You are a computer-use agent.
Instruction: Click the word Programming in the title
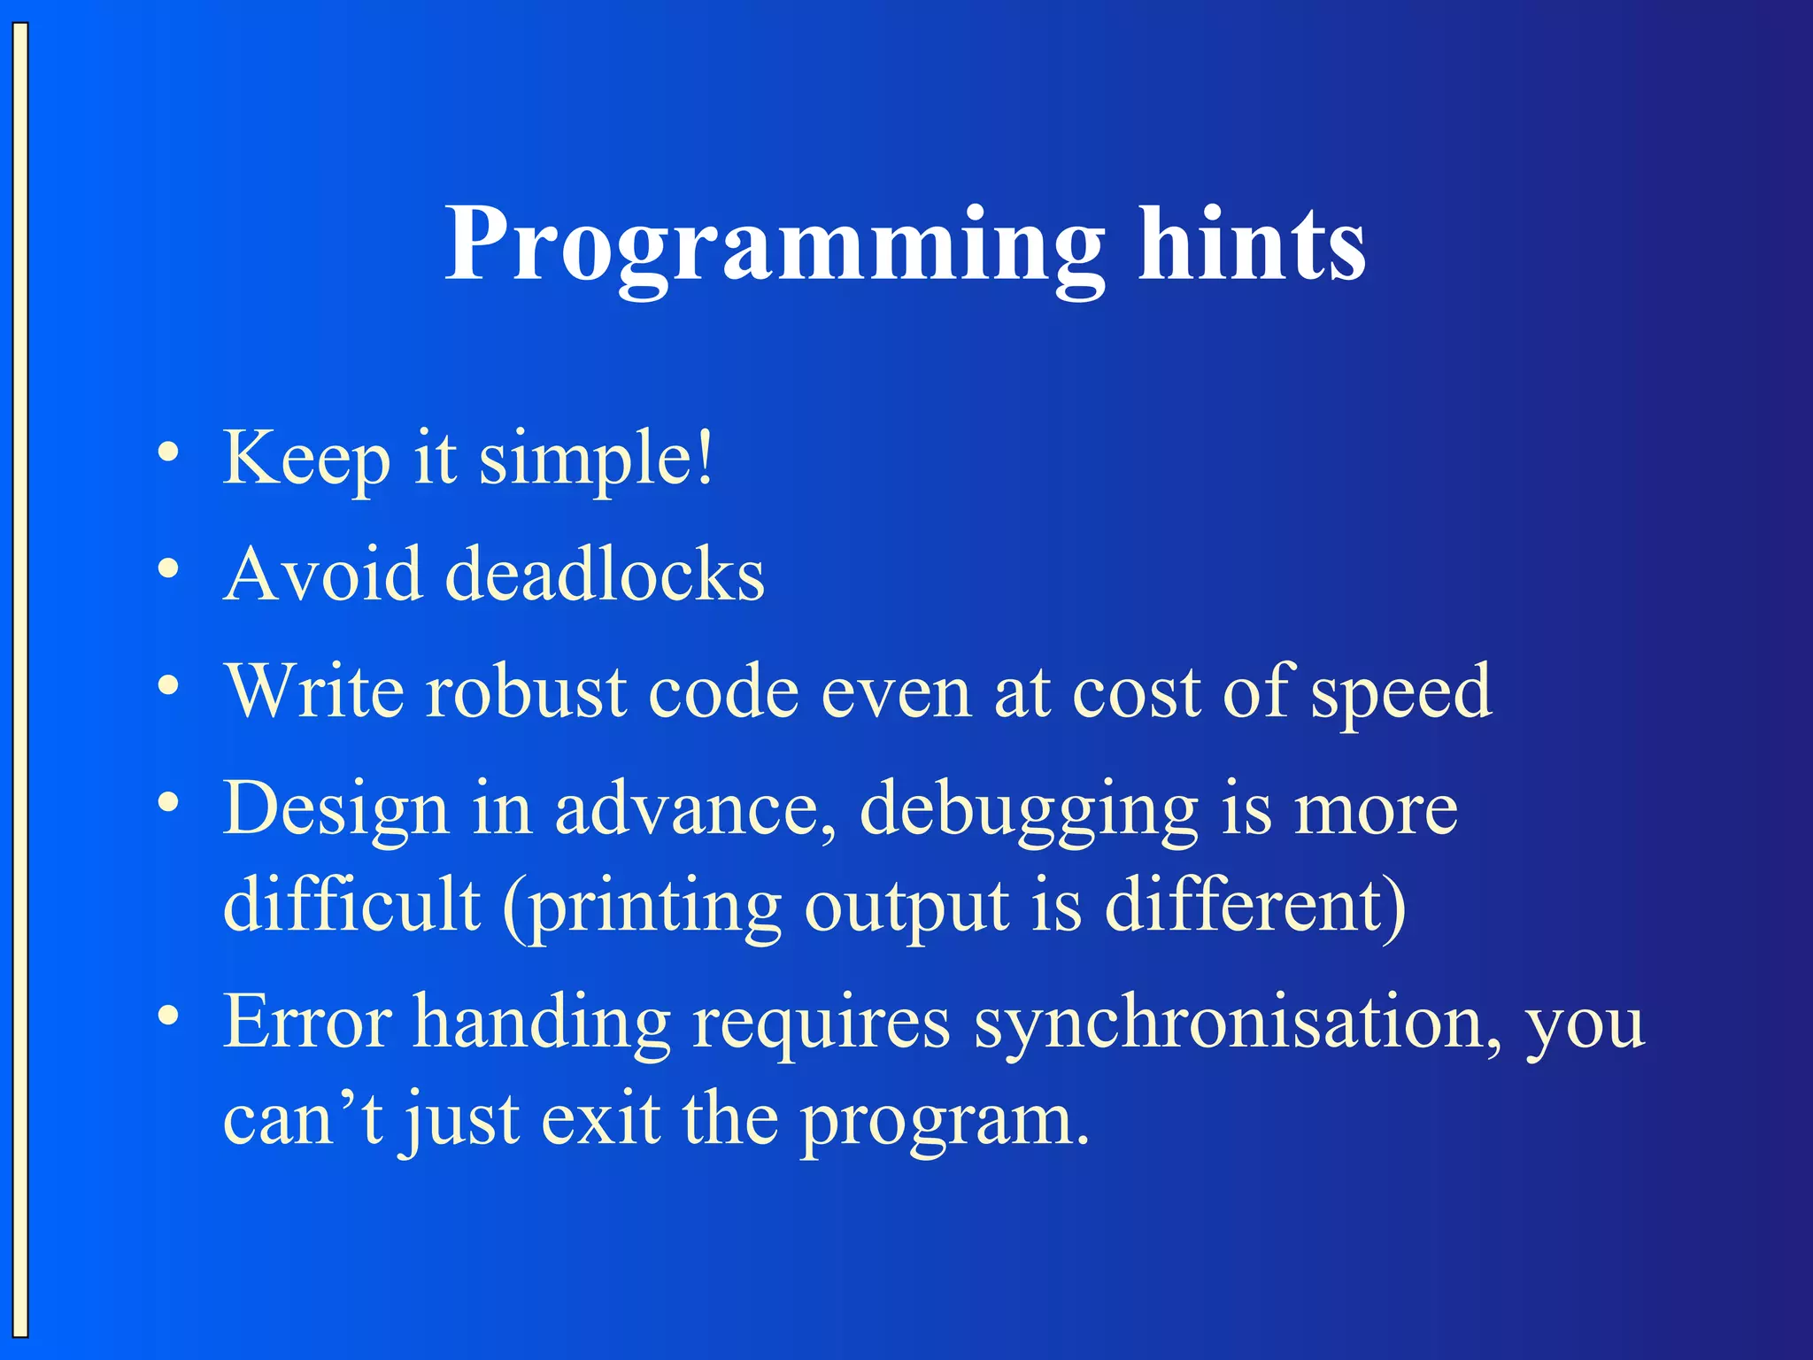[775, 245]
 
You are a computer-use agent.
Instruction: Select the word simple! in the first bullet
[595, 460]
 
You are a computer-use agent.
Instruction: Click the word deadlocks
[605, 576]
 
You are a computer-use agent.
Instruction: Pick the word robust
[526, 692]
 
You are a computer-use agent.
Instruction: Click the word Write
[313, 692]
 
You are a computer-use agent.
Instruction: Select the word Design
[336, 810]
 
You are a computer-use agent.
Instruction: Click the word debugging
[1028, 810]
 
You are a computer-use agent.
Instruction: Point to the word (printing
[642, 908]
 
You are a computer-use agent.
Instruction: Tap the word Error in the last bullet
[307, 1023]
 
